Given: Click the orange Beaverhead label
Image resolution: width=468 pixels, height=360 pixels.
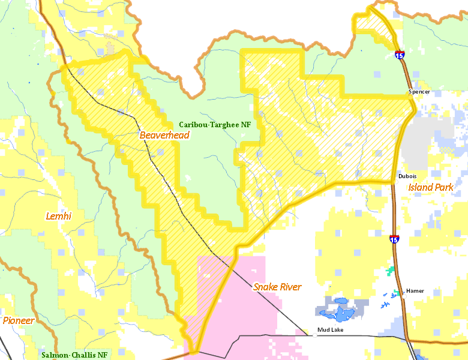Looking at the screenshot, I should [x=164, y=135].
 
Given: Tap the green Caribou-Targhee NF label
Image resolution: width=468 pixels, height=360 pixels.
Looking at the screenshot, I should [x=215, y=125].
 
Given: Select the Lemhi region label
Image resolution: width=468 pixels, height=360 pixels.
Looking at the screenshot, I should [x=58, y=215].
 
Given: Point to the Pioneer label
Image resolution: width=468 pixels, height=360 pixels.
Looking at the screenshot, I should [x=18, y=320].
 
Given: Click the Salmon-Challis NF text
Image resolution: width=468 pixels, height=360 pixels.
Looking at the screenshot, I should [x=74, y=355].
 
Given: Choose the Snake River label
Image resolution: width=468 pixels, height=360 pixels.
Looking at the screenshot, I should [x=277, y=287].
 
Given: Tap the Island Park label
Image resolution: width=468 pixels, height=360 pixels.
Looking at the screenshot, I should [x=431, y=187].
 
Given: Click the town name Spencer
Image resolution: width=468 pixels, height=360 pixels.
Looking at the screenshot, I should [x=419, y=92].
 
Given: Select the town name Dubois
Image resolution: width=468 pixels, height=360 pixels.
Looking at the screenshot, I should [x=407, y=176].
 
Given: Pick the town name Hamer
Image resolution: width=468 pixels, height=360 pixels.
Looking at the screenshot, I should [x=415, y=291].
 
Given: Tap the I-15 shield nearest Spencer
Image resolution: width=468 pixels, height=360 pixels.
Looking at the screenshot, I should [x=400, y=55].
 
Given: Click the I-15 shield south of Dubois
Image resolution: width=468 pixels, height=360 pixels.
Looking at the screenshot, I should [x=394, y=239].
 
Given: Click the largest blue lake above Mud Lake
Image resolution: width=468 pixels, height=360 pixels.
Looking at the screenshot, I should [x=340, y=311].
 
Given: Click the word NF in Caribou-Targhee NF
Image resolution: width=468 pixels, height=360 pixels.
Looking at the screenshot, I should [x=245, y=125].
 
